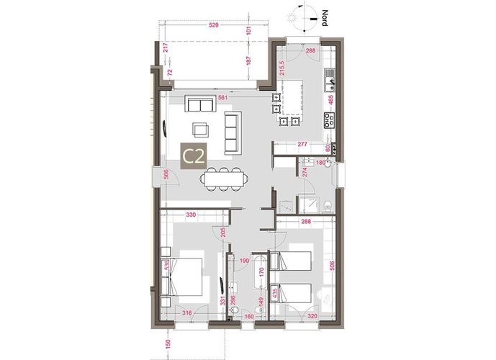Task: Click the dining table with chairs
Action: tap(222, 178)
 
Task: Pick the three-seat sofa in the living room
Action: tap(233, 132)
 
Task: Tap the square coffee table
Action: tap(199, 130)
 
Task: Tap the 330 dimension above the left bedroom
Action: tap(191, 215)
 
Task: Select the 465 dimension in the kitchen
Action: tap(331, 101)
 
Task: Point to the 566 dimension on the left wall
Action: tap(166, 173)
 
